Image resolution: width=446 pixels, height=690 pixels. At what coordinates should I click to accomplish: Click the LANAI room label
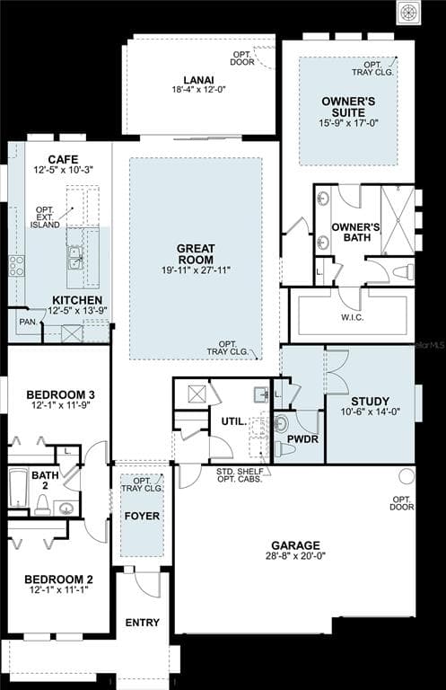[x=198, y=79]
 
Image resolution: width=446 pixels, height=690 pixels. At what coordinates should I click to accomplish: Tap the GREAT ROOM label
[x=196, y=253]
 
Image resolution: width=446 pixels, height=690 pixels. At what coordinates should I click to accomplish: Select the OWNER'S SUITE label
[x=348, y=107]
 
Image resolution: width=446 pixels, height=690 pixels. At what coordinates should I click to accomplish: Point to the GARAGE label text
[x=295, y=545]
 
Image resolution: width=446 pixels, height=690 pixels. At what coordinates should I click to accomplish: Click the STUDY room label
[x=370, y=402]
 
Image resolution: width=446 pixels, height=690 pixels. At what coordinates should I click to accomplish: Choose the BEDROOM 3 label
[x=60, y=394]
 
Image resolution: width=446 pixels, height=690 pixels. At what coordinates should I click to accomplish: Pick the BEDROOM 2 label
[x=58, y=579]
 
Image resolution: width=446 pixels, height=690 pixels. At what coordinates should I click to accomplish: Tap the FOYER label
[x=143, y=517]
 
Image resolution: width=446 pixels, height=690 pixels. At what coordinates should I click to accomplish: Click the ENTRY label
[x=143, y=623]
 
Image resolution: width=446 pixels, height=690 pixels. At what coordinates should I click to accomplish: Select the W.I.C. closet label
[x=352, y=316]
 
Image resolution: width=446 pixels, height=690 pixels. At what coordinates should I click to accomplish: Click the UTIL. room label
[x=233, y=420]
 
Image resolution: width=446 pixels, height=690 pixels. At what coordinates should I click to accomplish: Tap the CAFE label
[x=63, y=159]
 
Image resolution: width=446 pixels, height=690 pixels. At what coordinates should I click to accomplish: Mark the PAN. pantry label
[x=28, y=321]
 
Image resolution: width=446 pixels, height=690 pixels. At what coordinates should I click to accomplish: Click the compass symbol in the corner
[x=409, y=12]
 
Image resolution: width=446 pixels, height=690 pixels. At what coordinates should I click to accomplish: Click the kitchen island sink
[x=74, y=258]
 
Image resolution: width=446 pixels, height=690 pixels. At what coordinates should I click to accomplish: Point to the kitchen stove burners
[x=16, y=265]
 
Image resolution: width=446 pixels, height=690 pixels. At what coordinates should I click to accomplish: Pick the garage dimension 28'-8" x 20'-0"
[x=295, y=556]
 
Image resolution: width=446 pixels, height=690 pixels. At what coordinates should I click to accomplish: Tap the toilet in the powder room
[x=285, y=448]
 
